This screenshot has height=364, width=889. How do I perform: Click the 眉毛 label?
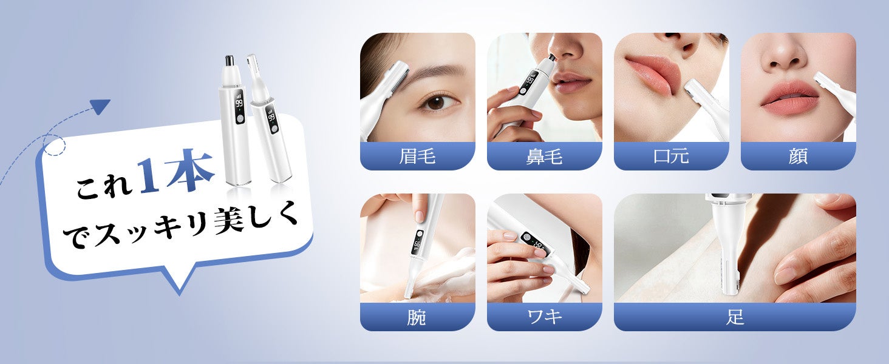pos(417,156)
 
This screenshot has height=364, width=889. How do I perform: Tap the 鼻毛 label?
pos(544,156)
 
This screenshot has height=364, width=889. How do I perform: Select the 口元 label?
pos(671,156)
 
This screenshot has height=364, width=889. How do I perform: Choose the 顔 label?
pos(798,156)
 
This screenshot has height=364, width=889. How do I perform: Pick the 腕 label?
pos(417,317)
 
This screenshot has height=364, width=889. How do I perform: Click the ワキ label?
pos(545,317)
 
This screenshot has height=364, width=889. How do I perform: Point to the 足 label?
pos(735,317)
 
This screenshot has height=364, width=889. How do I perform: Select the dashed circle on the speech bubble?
pos(54,145)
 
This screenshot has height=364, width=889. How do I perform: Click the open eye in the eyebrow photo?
pos(437,103)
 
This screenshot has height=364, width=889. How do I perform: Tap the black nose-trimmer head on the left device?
pos(229,61)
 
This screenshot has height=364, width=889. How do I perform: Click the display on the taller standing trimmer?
pos(239,107)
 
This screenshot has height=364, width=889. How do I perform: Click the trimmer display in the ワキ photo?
pos(536,244)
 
